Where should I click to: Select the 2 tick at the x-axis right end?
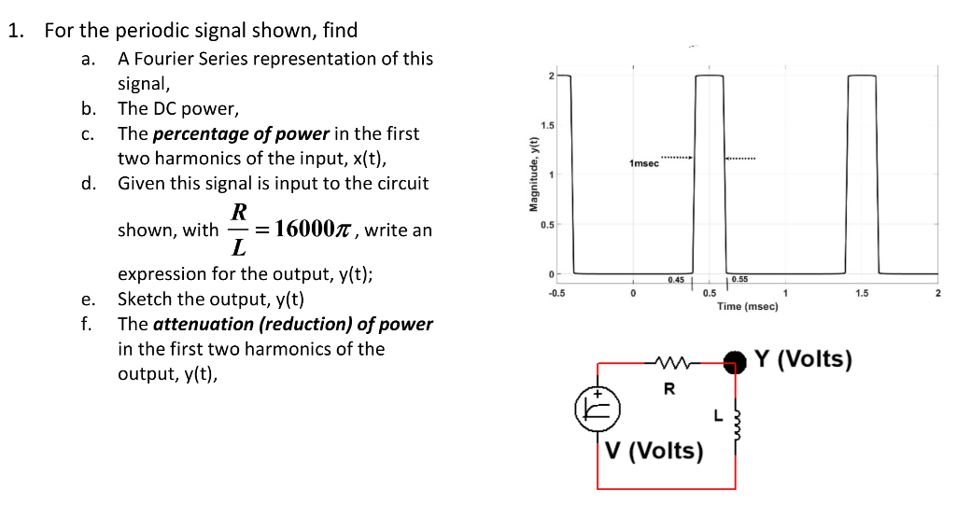[937, 293]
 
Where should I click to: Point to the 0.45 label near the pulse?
[676, 280]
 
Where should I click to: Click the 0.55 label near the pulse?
[739, 280]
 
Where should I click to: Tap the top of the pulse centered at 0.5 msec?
[710, 77]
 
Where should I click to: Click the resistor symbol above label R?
[668, 360]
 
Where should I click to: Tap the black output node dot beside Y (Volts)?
[738, 359]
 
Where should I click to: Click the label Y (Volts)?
[803, 359]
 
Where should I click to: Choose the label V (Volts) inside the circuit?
[654, 451]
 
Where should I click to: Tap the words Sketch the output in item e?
[176, 300]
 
